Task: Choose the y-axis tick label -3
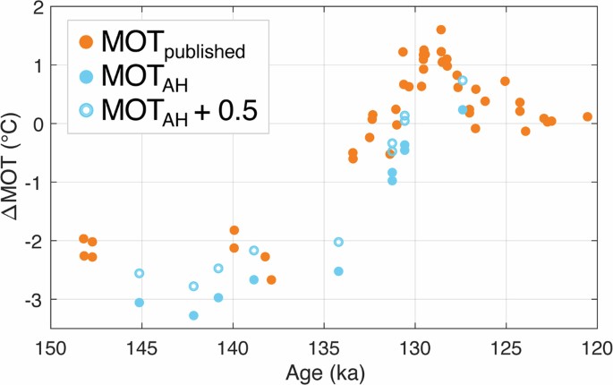32,300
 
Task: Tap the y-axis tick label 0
36,124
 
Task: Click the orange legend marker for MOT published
85,41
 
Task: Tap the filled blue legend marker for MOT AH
85,76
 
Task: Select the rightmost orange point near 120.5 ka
588,116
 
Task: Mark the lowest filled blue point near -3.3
193,315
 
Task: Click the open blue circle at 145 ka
139,273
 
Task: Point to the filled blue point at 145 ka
139,303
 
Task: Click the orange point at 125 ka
505,81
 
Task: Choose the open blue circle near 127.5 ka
463,80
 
